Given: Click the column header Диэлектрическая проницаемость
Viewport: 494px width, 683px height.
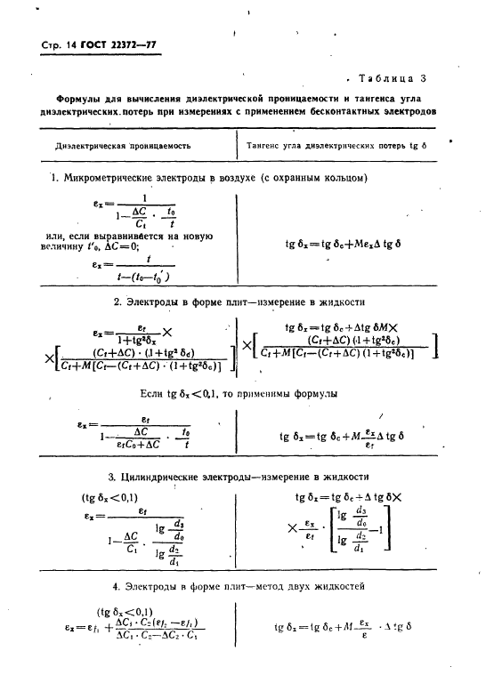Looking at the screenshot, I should tap(122, 145).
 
